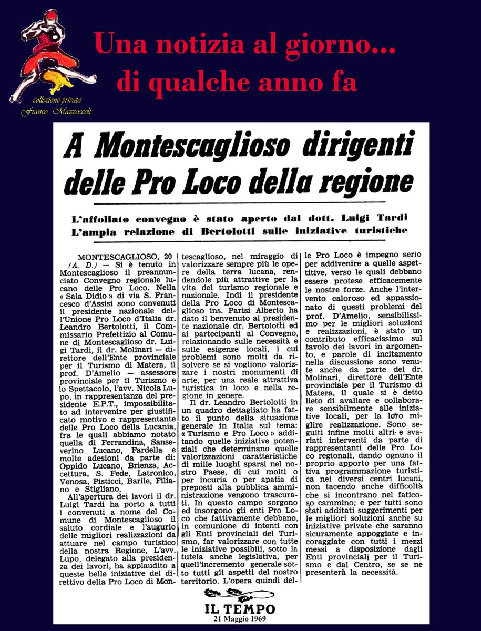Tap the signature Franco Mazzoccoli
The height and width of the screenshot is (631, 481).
pyautogui.click(x=57, y=111)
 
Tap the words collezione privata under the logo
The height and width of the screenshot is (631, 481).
pyautogui.click(x=57, y=100)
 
